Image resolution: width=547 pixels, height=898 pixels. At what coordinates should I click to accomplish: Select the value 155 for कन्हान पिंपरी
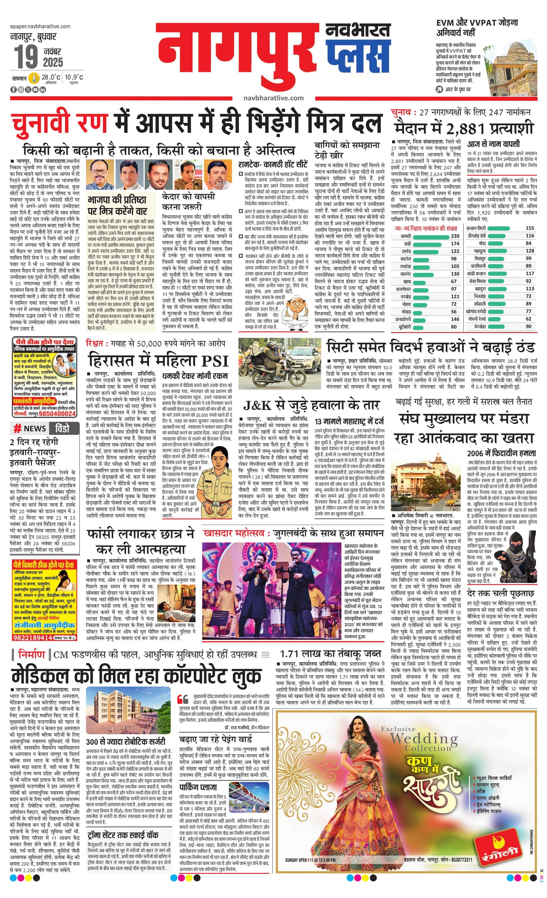(x=529, y=228)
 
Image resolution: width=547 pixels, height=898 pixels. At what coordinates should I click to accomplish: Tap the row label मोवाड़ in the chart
(x=406, y=312)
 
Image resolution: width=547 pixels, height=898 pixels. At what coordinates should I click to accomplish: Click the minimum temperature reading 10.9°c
(x=74, y=77)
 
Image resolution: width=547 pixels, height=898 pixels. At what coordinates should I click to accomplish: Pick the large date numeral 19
(x=26, y=57)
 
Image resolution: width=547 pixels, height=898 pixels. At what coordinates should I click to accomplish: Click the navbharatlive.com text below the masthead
(x=273, y=98)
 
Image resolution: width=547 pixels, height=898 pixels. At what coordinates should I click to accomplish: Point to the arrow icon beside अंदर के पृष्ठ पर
(x=439, y=89)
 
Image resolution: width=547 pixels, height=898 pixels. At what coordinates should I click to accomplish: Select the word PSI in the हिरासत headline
(x=215, y=361)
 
